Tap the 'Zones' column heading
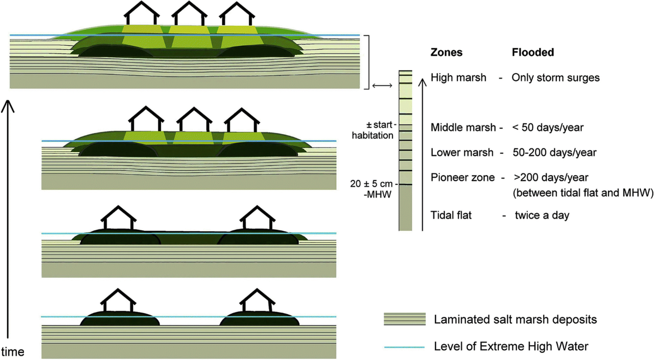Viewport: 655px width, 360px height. pyautogui.click(x=446, y=53)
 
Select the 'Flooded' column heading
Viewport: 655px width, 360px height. pyautogui.click(x=533, y=53)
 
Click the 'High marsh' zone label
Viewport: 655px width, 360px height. pyautogui.click(x=458, y=78)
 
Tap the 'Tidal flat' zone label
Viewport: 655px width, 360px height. pyautogui.click(x=451, y=215)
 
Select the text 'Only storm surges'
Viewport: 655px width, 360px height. pyautogui.click(x=555, y=78)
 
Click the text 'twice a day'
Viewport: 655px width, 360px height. pyautogui.click(x=542, y=215)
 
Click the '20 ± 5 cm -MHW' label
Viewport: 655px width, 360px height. pyautogui.click(x=374, y=189)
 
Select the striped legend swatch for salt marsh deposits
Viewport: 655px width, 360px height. pyautogui.click(x=404, y=320)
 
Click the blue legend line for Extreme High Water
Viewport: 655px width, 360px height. pyautogui.click(x=404, y=346)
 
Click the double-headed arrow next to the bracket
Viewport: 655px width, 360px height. pyautogui.click(x=382, y=86)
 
